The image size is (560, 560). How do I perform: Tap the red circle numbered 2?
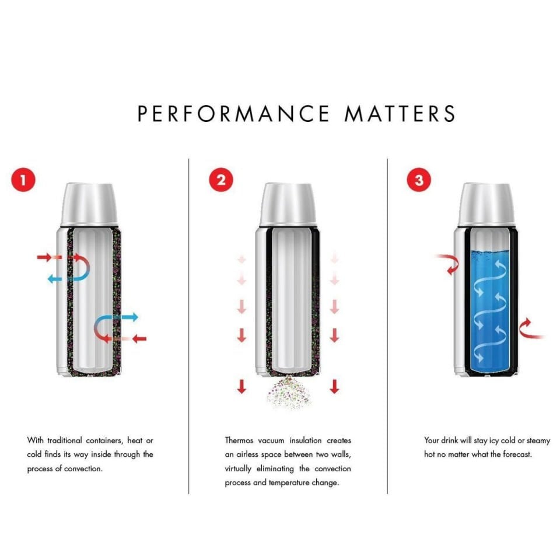(x=220, y=180)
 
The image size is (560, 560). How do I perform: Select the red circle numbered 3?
(x=419, y=180)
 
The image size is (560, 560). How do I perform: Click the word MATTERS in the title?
(x=400, y=114)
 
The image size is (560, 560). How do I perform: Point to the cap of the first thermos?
(x=90, y=204)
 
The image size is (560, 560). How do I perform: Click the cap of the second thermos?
(x=288, y=204)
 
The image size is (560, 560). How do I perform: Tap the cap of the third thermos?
(x=486, y=204)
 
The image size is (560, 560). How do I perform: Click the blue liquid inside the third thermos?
(x=486, y=309)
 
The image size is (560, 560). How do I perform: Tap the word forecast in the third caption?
(x=517, y=454)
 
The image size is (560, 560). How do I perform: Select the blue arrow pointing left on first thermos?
(x=63, y=279)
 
